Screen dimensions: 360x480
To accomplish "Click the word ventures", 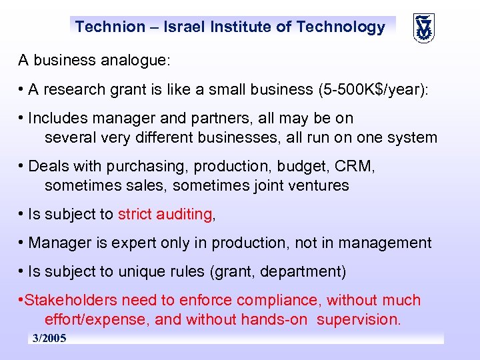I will (x=319, y=185).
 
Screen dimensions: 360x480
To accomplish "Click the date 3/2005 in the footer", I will (x=50, y=339).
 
